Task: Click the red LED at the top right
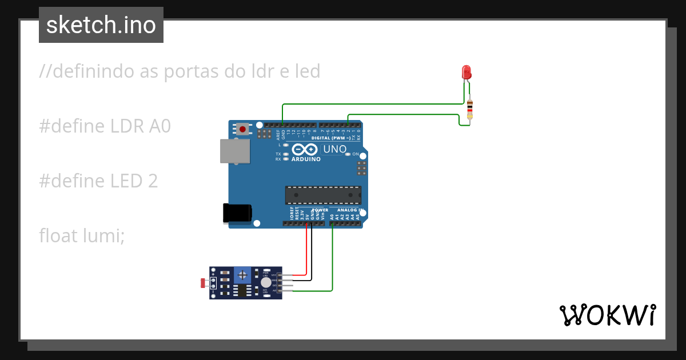(466, 72)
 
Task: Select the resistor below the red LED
(470, 109)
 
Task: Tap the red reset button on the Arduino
(243, 130)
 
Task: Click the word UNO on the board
(334, 149)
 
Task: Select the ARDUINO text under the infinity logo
(306, 159)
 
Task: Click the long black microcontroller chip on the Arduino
(323, 195)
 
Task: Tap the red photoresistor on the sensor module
(203, 282)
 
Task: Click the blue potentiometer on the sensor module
(243, 275)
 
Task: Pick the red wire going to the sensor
(308, 251)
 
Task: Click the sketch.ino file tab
(101, 25)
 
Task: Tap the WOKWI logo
(608, 315)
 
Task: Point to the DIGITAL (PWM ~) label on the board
(331, 138)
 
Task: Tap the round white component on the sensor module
(266, 282)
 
